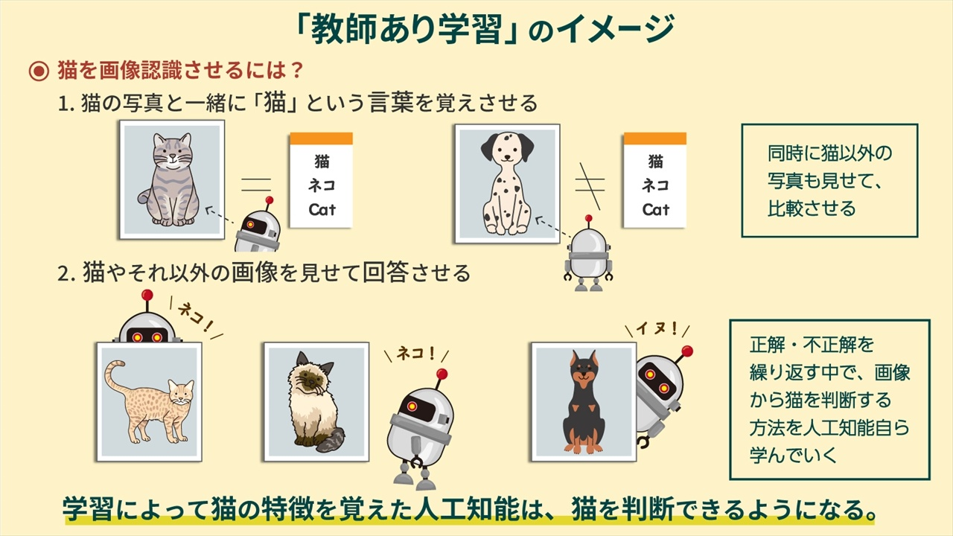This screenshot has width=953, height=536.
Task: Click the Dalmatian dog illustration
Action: click(508, 184)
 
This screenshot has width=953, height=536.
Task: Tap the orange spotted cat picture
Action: click(150, 402)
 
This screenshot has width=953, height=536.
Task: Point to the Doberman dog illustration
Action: click(584, 402)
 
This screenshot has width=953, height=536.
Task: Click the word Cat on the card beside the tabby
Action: click(322, 210)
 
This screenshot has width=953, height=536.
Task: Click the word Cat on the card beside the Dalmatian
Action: click(656, 210)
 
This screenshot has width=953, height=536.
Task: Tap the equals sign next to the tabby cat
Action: click(256, 185)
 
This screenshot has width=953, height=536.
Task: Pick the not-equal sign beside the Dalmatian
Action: click(590, 185)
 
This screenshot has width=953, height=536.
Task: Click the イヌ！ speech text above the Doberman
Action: click(657, 328)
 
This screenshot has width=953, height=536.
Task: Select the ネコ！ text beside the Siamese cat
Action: click(416, 353)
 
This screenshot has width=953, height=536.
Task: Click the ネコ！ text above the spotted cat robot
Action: click(195, 317)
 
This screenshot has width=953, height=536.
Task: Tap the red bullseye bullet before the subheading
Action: click(39, 71)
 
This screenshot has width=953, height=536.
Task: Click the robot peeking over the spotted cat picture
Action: click(147, 318)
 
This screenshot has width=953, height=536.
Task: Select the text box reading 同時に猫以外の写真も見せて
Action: click(829, 180)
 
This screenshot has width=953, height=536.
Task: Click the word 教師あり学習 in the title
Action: click(407, 30)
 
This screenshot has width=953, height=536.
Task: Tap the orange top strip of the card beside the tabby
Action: click(321, 138)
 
